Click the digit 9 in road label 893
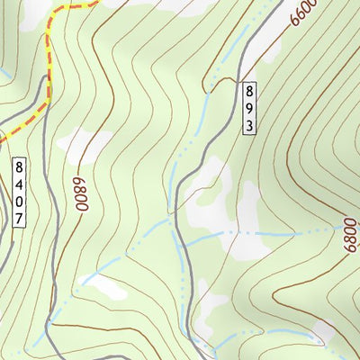(x=249, y=107)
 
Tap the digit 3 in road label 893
(x=249, y=123)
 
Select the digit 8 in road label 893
(x=249, y=91)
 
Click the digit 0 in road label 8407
(x=20, y=202)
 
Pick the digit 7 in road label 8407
(x=20, y=218)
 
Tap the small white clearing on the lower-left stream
(x=106, y=287)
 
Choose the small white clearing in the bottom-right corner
(x=322, y=333)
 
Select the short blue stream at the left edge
(x=4, y=72)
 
